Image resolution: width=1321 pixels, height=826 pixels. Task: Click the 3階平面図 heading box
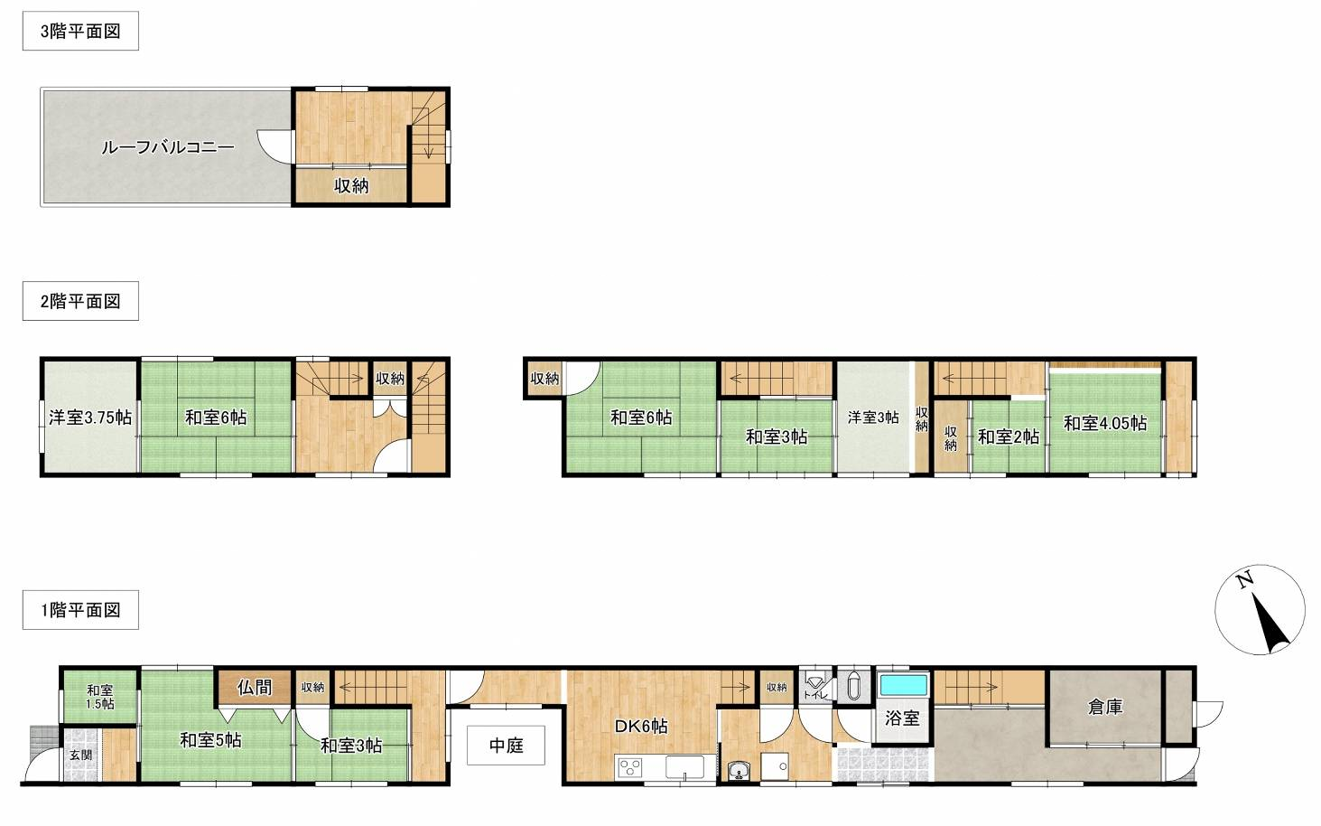(80, 31)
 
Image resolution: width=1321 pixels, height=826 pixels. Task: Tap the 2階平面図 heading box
(80, 301)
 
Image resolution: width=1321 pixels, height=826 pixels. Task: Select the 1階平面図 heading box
(80, 610)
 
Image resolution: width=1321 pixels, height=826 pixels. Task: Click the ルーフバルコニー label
(167, 147)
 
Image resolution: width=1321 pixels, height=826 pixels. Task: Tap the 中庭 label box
(506, 746)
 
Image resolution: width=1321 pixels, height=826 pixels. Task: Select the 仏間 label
(255, 687)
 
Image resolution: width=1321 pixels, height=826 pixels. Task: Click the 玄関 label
(80, 756)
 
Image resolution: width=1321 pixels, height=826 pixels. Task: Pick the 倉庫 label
(1105, 707)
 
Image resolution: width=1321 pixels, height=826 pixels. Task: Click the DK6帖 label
(641, 727)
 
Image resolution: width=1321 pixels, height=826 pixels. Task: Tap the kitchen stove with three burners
(630, 767)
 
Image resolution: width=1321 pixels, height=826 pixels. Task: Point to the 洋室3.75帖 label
(90, 418)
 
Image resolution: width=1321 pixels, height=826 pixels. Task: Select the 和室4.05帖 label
(1105, 423)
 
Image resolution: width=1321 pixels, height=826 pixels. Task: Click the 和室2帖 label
(1009, 436)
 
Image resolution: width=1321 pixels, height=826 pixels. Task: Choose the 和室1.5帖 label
(99, 697)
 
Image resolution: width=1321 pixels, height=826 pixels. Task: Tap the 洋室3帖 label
(873, 418)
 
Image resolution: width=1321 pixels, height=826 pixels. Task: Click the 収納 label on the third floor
(351, 186)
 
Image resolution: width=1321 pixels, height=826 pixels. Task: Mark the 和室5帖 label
(210, 740)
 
